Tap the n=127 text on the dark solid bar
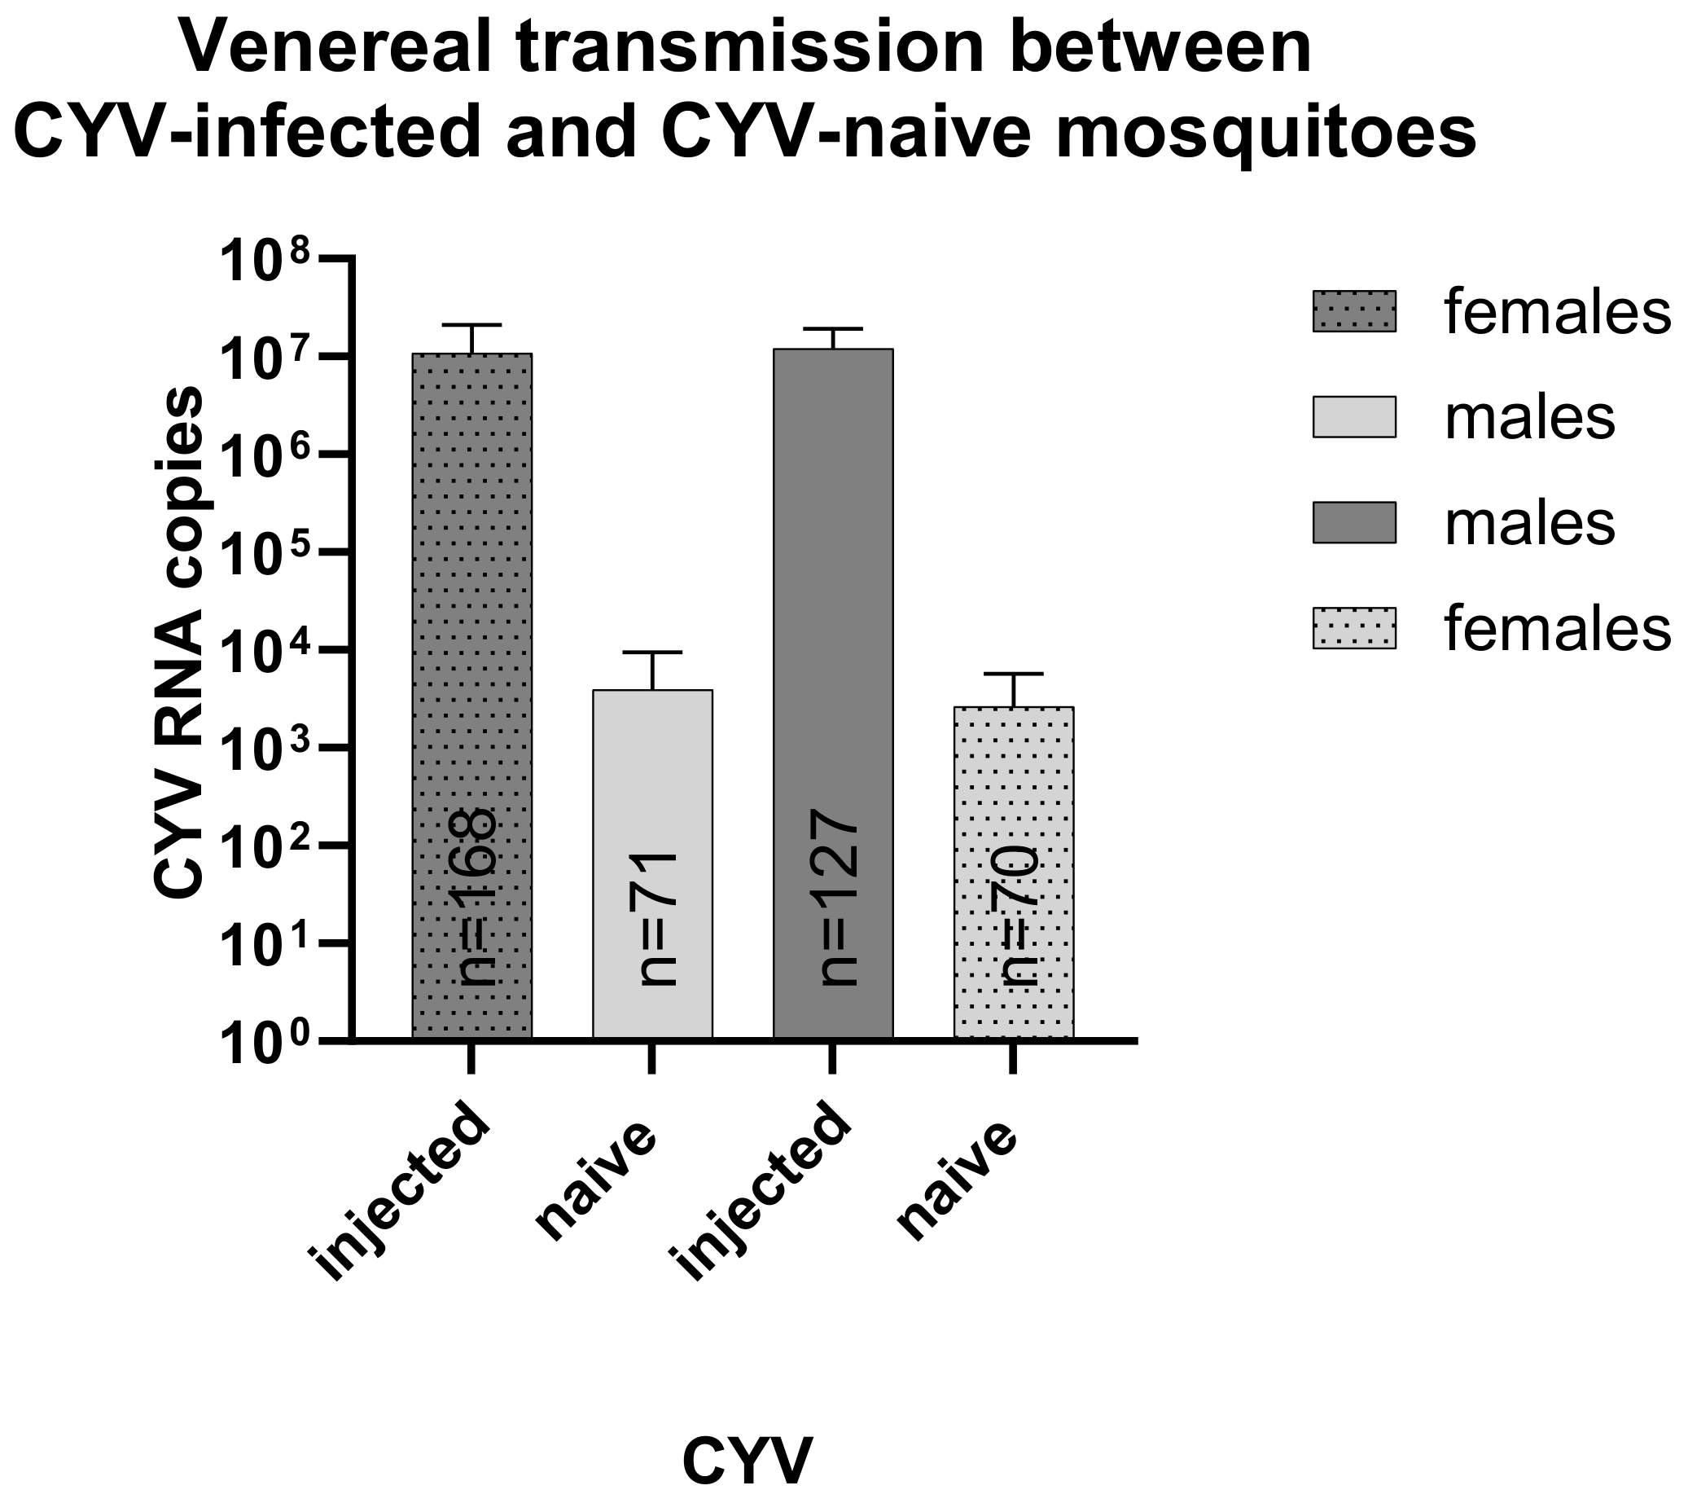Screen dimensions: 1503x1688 coord(838,898)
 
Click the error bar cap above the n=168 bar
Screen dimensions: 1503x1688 coord(471,325)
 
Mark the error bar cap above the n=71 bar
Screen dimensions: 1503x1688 coord(652,652)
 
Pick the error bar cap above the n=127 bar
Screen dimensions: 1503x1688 coord(832,329)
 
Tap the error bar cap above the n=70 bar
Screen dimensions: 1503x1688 coord(1013,674)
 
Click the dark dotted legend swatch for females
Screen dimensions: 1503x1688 coord(1353,311)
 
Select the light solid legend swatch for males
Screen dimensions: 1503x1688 coord(1353,417)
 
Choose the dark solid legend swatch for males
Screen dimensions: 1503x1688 coord(1353,523)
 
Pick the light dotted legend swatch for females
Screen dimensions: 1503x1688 coord(1353,629)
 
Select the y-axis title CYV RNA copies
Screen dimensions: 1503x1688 coord(178,642)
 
